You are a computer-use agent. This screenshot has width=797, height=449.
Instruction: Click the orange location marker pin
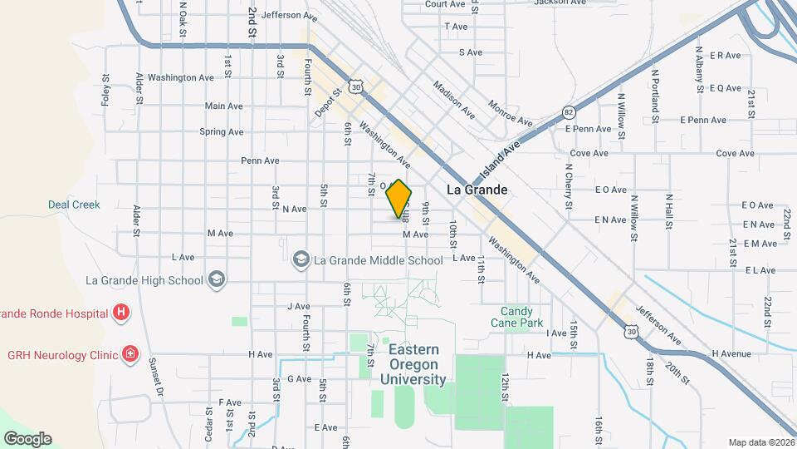[399, 199]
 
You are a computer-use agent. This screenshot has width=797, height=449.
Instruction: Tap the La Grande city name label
[477, 190]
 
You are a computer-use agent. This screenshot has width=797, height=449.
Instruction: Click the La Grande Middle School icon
[301, 260]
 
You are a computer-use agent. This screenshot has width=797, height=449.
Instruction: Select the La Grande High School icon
[217, 279]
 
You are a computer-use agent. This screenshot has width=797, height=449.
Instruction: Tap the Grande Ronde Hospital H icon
[122, 313]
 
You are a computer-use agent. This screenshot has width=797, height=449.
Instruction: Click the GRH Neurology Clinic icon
[130, 355]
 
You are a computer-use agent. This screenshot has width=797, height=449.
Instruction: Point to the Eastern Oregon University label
[413, 365]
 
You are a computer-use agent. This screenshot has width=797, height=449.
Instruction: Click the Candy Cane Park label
[521, 317]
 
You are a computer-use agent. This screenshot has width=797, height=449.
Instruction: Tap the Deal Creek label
[74, 205]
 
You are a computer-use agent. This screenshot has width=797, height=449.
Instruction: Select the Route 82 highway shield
[569, 111]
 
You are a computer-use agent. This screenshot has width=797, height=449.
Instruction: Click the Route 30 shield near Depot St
[356, 86]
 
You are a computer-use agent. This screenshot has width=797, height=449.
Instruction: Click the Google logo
[27, 438]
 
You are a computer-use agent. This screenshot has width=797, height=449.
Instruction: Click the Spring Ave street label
[221, 131]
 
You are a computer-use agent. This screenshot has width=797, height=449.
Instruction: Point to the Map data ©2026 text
[760, 442]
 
